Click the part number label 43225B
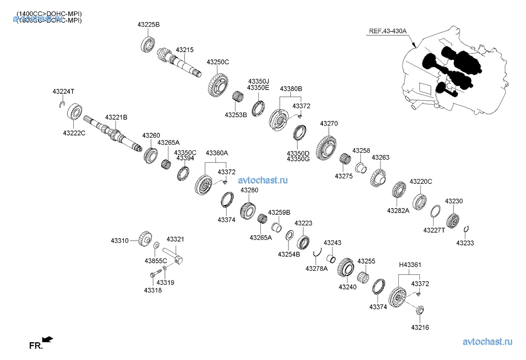click(x=148, y=25)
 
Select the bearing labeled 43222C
click(x=76, y=112)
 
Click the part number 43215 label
click(x=185, y=50)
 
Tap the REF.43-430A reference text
click(x=388, y=31)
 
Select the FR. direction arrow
click(x=48, y=339)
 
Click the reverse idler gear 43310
click(x=144, y=239)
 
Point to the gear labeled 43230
click(x=453, y=220)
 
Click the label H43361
click(x=410, y=265)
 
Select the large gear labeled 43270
click(x=328, y=148)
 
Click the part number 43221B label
click(x=116, y=117)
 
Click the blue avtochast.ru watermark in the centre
click(x=263, y=180)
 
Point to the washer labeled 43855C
click(x=156, y=245)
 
